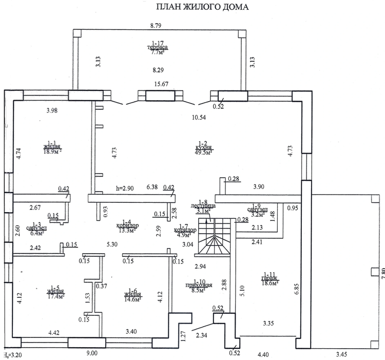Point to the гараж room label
[270, 278]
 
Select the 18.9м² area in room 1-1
[52, 152]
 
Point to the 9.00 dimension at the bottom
[91, 353]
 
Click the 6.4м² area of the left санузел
[36, 233]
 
